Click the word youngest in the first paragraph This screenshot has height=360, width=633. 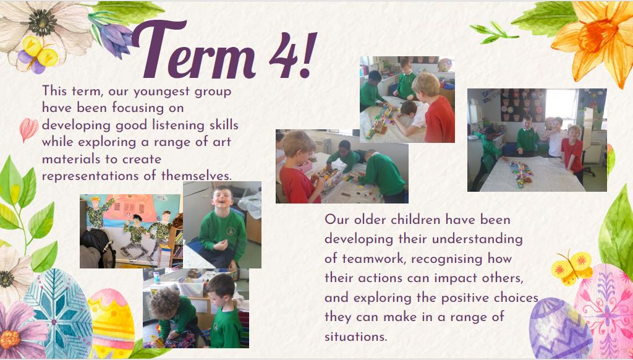161,92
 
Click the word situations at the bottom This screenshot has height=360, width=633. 355,336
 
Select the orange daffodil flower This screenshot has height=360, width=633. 595,38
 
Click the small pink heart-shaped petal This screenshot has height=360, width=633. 28,129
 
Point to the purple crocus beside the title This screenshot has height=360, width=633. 113,38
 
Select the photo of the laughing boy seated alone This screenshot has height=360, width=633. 222,225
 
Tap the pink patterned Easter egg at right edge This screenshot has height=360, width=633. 604,311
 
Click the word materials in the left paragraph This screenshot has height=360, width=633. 72,159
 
